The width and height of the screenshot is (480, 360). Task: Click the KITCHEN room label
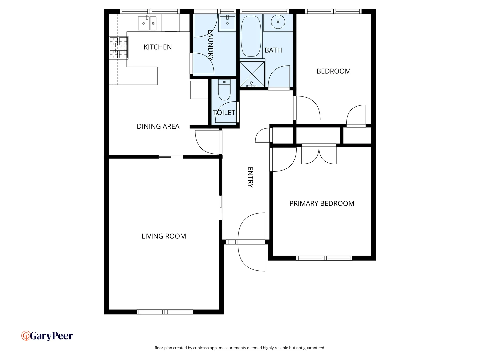[158, 47]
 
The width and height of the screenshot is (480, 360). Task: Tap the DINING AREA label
[158, 126]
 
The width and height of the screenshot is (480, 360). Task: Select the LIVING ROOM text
[164, 236]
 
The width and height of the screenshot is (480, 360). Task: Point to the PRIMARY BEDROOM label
[322, 204]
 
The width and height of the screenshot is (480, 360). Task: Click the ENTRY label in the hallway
[250, 177]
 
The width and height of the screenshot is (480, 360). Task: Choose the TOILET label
[224, 113]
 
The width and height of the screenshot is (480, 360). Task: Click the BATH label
[273, 50]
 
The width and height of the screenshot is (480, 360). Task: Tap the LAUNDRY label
[210, 45]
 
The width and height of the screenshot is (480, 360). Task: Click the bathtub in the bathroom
[251, 36]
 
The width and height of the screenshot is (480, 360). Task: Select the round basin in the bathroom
[278, 22]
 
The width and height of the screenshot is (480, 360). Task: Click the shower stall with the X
[252, 74]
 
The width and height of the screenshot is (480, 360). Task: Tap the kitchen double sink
[147, 23]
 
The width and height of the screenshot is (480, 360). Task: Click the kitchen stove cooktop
[118, 48]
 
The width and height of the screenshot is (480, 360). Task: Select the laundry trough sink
[227, 23]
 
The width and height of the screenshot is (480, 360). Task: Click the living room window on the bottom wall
[165, 312]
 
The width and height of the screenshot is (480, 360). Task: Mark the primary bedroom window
[324, 258]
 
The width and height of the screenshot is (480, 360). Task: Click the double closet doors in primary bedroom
[319, 155]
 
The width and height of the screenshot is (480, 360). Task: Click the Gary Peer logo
[47, 336]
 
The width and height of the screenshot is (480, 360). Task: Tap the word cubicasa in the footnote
[201, 348]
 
